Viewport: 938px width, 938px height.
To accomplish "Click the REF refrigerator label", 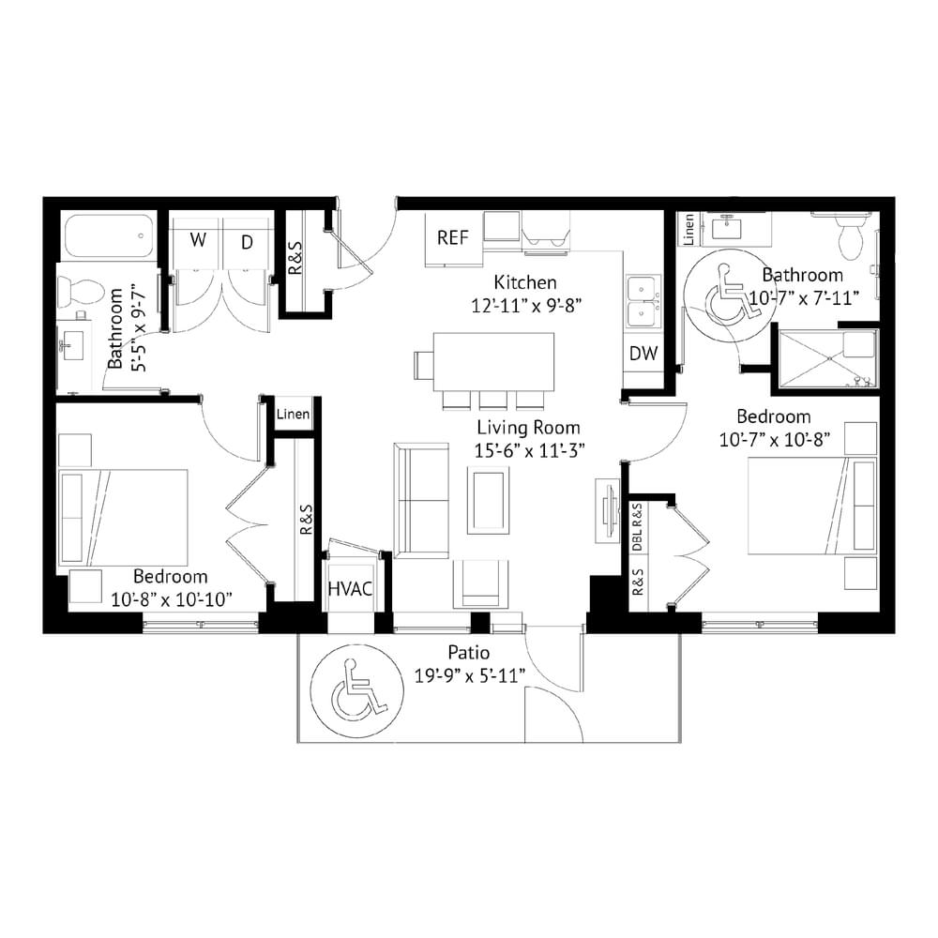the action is pyautogui.click(x=452, y=237).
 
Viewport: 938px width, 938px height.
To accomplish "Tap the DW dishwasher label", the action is pyautogui.click(x=643, y=353).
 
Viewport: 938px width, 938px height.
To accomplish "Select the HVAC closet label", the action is pyautogui.click(x=350, y=589).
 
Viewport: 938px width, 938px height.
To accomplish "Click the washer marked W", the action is pyautogui.click(x=197, y=243).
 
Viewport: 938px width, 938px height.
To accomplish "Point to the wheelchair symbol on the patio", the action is pyautogui.click(x=357, y=690).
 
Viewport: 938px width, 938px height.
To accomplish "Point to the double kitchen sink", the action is pyautogui.click(x=643, y=303).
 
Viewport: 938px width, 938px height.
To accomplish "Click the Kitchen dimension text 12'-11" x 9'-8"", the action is pyautogui.click(x=526, y=306).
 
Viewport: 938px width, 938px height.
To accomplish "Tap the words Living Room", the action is pyautogui.click(x=528, y=427).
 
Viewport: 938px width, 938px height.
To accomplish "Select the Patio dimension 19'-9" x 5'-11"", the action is pyautogui.click(x=470, y=676).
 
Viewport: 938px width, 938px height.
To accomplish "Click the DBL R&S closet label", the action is pyautogui.click(x=637, y=527).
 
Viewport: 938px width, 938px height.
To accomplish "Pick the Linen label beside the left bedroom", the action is pyautogui.click(x=293, y=414).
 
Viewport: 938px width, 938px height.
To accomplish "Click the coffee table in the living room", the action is pyautogui.click(x=489, y=500).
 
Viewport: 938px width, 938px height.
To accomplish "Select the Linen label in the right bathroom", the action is pyautogui.click(x=688, y=229).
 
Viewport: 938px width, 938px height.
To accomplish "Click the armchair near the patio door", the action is pyautogui.click(x=480, y=584).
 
